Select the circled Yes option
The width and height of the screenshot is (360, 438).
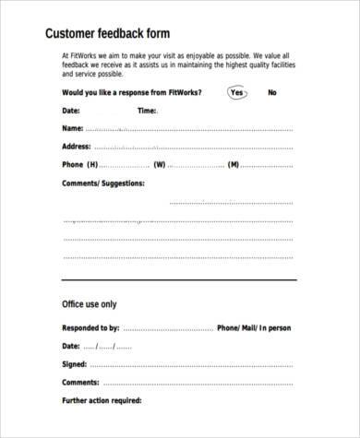pos(236,92)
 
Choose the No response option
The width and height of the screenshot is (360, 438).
pos(272,92)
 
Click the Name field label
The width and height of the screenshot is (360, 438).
pos(72,127)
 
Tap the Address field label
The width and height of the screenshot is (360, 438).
pos(78,146)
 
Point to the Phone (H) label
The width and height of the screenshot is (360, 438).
pos(79,164)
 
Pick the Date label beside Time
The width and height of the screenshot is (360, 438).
pos(71,110)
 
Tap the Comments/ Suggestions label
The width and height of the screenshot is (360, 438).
pos(102,183)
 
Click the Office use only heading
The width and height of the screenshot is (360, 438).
pos(89,302)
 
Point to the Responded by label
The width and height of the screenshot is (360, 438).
pos(90,327)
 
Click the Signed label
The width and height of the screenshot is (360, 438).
pos(75,364)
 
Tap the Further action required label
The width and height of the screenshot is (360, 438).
pos(102,400)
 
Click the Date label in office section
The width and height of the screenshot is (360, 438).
pos(71,346)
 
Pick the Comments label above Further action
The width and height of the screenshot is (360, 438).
pos(81,382)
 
